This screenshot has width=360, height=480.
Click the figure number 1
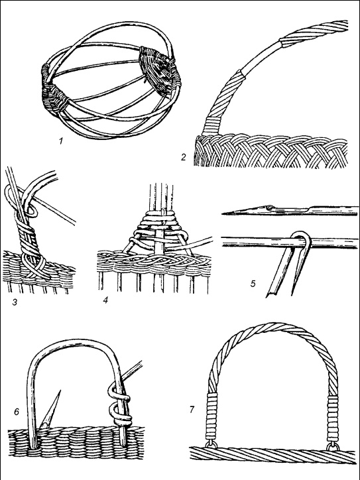click(61, 141)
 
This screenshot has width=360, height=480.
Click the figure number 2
click(184, 157)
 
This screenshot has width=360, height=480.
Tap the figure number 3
click(15, 302)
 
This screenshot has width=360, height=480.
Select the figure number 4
click(105, 300)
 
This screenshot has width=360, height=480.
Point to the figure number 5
click(253, 284)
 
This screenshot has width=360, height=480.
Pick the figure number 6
click(17, 412)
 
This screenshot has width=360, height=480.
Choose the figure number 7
click(192, 409)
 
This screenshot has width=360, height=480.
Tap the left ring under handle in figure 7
click(211, 444)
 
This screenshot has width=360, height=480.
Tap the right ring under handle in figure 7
click(333, 446)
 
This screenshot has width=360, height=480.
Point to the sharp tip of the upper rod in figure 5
click(223, 213)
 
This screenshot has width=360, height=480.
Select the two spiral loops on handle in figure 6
click(119, 406)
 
